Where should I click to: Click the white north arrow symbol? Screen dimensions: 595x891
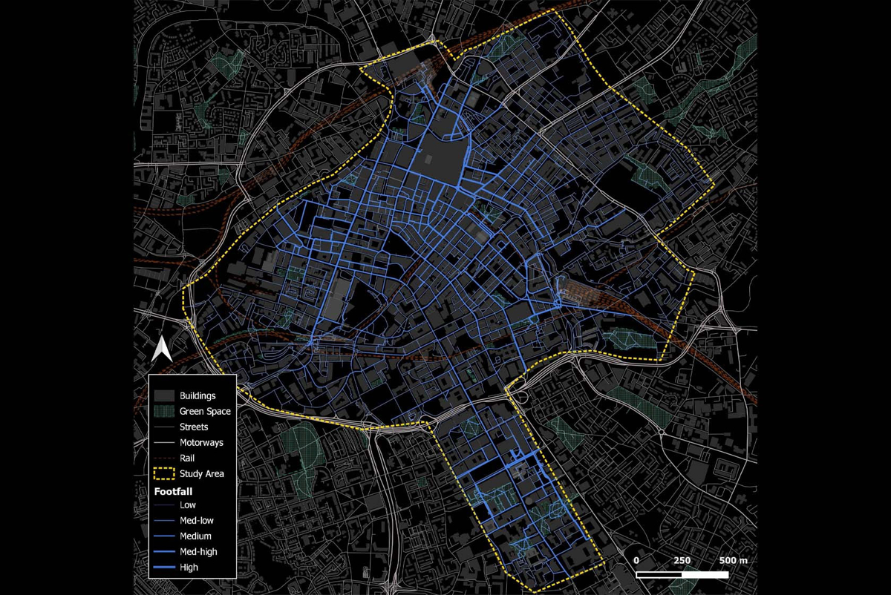click(x=162, y=349)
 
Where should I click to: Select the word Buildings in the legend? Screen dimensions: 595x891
click(x=198, y=395)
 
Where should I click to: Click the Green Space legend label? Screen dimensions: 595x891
click(x=205, y=411)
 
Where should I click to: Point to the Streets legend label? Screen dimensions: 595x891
click(x=194, y=427)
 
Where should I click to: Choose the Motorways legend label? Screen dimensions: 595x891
click(x=201, y=442)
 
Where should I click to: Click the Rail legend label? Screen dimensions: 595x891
click(x=188, y=458)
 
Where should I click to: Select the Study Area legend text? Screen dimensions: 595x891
click(x=202, y=473)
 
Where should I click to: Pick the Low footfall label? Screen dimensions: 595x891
click(x=188, y=505)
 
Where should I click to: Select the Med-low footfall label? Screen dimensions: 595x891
click(x=195, y=521)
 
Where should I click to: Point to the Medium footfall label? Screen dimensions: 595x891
click(x=195, y=536)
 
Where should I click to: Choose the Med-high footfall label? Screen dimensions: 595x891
click(x=198, y=552)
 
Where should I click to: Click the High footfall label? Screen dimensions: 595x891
click(x=189, y=568)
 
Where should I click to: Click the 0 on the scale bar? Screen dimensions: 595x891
click(x=637, y=560)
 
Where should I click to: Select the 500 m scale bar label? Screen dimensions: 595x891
click(x=733, y=560)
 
